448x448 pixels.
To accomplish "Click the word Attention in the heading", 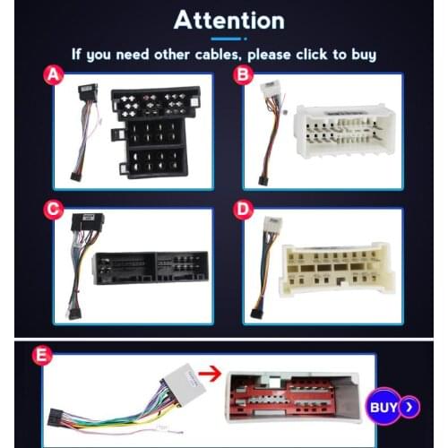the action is [229, 20].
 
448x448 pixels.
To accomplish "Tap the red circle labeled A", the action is [54, 74].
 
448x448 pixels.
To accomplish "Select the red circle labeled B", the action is [243, 74].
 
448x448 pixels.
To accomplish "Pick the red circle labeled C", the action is [54, 210].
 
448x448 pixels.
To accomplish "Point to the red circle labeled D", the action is [243, 210].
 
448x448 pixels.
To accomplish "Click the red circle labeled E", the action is [42, 356].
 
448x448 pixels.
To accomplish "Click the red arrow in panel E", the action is [210, 374].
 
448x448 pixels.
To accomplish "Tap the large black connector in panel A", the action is [155, 133].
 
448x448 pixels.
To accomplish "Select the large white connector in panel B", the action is [344, 131].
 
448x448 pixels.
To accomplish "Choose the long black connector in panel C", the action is [151, 268].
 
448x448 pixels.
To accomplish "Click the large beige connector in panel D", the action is [337, 270].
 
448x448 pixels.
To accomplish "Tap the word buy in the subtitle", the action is [364, 56].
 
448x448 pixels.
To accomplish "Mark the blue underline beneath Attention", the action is [226, 39].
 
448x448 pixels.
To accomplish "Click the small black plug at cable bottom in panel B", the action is [263, 181].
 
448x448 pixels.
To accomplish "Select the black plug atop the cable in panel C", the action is [87, 222].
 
